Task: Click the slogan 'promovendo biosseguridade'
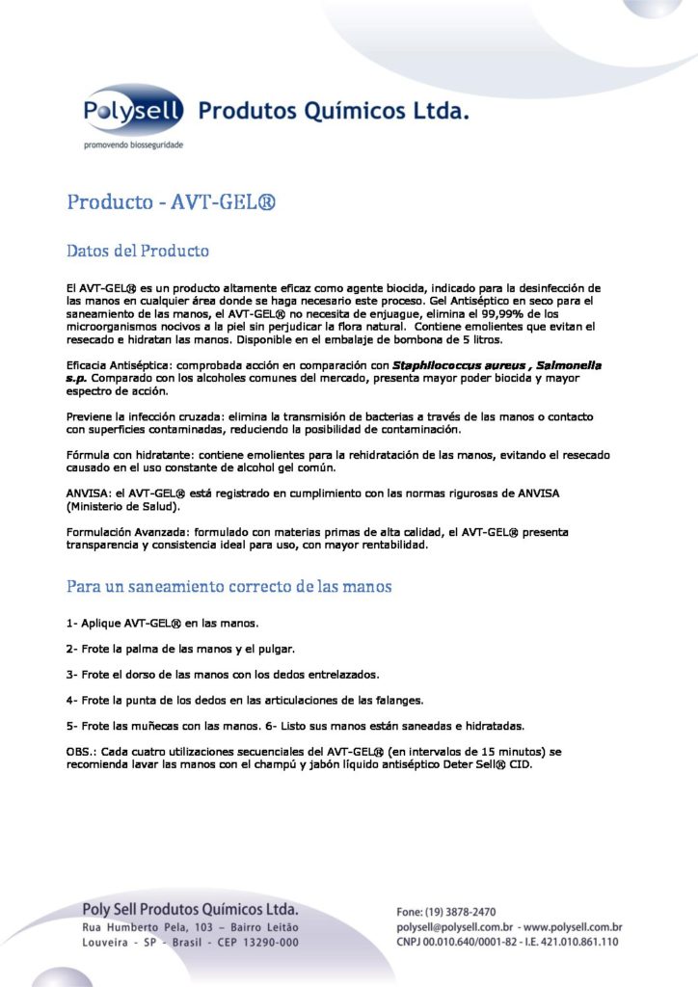click(x=131, y=145)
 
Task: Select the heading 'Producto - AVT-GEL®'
click(x=172, y=202)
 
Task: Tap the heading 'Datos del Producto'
click(x=137, y=251)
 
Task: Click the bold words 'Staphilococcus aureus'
click(x=453, y=365)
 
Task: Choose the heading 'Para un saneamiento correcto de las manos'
click(x=228, y=586)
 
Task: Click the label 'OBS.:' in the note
click(x=83, y=750)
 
